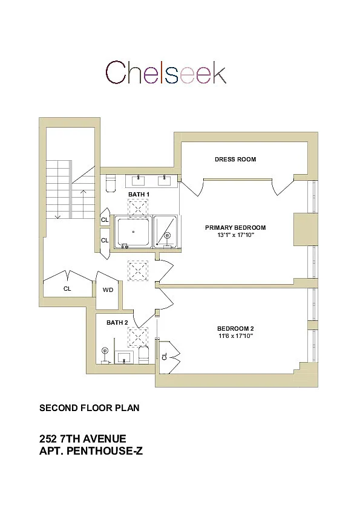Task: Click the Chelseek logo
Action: pyautogui.click(x=166, y=72)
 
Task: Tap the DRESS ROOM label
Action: pyautogui.click(x=235, y=160)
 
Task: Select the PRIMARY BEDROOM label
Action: pyautogui.click(x=235, y=227)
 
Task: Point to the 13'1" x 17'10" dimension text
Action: pyautogui.click(x=235, y=235)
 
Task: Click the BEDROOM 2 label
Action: pyautogui.click(x=235, y=328)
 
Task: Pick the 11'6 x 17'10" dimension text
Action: pyautogui.click(x=235, y=336)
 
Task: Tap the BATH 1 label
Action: pyautogui.click(x=139, y=195)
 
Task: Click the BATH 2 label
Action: pyautogui.click(x=117, y=323)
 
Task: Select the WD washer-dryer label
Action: pyautogui.click(x=108, y=290)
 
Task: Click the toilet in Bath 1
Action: pyautogui.click(x=111, y=184)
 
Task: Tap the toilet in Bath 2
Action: pyautogui.click(x=143, y=355)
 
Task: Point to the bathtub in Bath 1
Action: pyautogui.click(x=133, y=232)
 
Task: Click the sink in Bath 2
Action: pyautogui.click(x=125, y=357)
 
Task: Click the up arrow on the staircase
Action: pyautogui.click(x=83, y=204)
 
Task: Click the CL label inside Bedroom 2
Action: pyautogui.click(x=164, y=357)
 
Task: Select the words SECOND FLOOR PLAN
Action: pyautogui.click(x=90, y=408)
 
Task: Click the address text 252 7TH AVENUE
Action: pyautogui.click(x=82, y=439)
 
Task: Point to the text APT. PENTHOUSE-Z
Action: pyautogui.click(x=91, y=451)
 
